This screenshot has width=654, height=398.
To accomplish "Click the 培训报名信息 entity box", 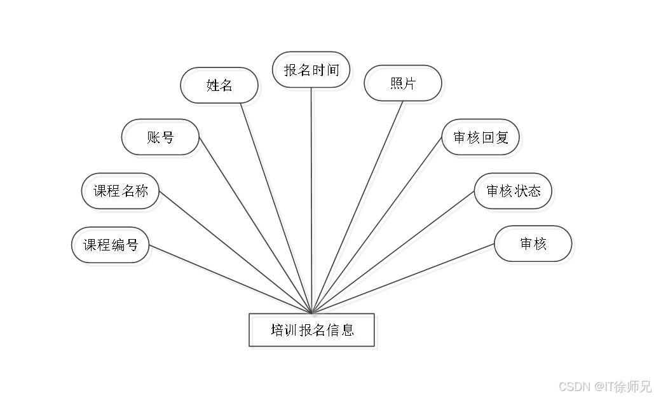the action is click(x=315, y=332).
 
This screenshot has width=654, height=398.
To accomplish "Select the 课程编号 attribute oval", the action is click(x=112, y=247).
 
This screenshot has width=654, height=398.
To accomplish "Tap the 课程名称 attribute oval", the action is click(x=123, y=193).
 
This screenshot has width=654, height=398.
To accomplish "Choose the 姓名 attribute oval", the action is click(x=221, y=87).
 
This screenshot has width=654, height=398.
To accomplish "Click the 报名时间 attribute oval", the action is click(x=313, y=72).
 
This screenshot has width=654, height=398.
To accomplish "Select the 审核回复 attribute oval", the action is click(x=482, y=139).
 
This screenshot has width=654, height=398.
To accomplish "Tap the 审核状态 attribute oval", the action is click(x=515, y=193).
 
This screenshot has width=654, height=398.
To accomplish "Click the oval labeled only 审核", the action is click(x=535, y=246).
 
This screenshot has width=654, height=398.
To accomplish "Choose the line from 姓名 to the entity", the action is click(x=276, y=203).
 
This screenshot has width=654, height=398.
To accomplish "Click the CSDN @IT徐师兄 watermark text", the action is click(x=604, y=385).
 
